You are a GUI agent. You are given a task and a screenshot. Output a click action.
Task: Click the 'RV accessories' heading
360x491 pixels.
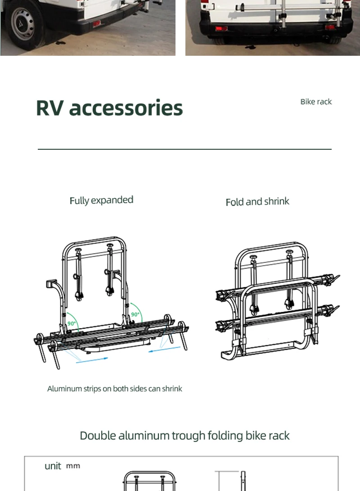pyautogui.click(x=109, y=108)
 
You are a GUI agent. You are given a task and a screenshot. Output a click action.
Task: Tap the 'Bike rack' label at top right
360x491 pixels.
pyautogui.click(x=316, y=102)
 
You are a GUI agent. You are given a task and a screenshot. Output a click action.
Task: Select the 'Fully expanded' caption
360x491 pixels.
pyautogui.click(x=102, y=200)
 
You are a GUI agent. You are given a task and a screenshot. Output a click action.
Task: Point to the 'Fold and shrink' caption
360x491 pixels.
pyautogui.click(x=257, y=201)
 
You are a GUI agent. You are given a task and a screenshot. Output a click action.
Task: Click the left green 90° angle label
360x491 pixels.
pyautogui.click(x=72, y=323)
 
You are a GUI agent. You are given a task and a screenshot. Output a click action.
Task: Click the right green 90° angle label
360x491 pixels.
pyautogui.click(x=135, y=314)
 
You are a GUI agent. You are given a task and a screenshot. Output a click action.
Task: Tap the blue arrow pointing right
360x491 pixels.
pyautogui.click(x=92, y=360)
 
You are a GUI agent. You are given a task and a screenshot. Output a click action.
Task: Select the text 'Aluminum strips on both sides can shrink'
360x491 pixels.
pyautogui.click(x=115, y=388)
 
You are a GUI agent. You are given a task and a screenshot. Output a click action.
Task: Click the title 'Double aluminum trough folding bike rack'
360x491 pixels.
pyautogui.click(x=184, y=436)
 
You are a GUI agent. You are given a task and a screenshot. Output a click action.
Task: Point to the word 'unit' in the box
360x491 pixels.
pyautogui.click(x=53, y=466)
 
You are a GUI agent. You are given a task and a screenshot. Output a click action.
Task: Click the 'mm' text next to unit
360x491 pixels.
pyautogui.click(x=73, y=466)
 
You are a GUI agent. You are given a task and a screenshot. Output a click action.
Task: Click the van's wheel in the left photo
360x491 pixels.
pyautogui.click(x=23, y=23)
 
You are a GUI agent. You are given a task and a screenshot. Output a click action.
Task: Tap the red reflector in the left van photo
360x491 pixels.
pyautogui.click(x=96, y=23)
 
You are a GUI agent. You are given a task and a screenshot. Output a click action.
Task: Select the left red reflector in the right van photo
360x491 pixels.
pyautogui.click(x=221, y=29)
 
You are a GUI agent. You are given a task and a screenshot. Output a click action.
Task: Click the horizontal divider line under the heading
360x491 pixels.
pyautogui.click(x=184, y=149)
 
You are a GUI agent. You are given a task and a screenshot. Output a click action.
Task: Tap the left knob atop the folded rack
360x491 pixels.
pyautogui.click(x=253, y=258)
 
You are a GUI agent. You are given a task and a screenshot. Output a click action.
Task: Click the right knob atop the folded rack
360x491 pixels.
pyautogui.click(x=289, y=252)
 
